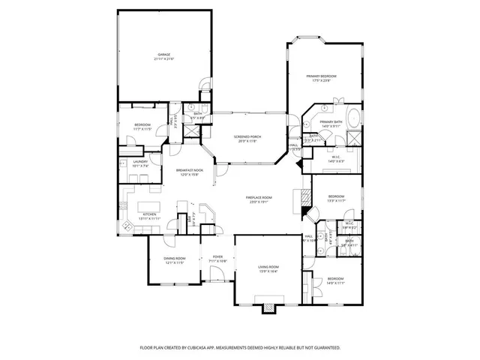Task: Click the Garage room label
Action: (163, 54)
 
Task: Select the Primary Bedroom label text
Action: (321, 76)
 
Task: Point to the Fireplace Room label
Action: (259, 198)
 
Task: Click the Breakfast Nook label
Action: (189, 170)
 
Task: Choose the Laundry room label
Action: (140, 161)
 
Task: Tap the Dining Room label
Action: (174, 259)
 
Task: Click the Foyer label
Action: (217, 256)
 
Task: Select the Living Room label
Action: (268, 267)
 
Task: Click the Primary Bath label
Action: (331, 122)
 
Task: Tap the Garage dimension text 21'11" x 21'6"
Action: (163, 58)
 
